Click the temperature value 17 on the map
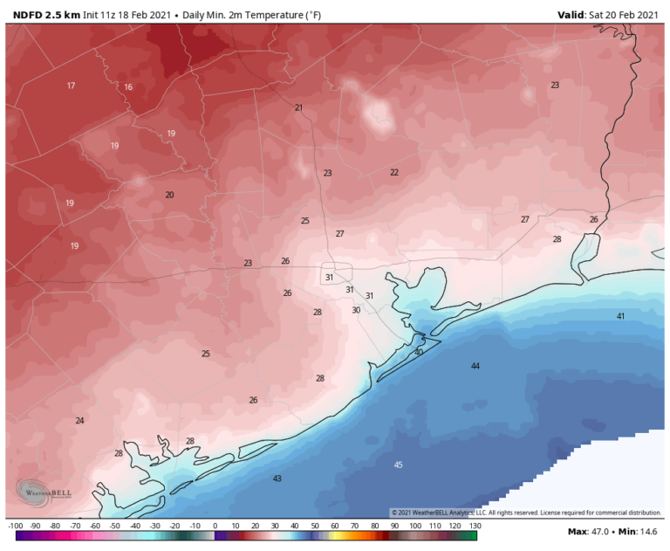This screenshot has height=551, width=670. (x=71, y=86)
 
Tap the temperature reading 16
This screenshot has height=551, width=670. (x=128, y=87)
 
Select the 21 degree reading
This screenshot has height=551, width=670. (x=298, y=107)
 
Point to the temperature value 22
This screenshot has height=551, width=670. (x=394, y=172)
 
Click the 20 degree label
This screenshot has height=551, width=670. (x=170, y=195)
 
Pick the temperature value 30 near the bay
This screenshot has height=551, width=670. (x=356, y=310)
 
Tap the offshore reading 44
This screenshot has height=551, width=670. (x=475, y=366)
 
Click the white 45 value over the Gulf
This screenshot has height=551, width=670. (x=399, y=465)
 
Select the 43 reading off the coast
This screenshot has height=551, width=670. (x=277, y=479)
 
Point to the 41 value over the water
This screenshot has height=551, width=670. (x=621, y=316)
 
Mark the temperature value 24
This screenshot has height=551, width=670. (x=79, y=420)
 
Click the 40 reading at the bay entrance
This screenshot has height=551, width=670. (x=419, y=352)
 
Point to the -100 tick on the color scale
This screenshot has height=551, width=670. (x=15, y=526)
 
